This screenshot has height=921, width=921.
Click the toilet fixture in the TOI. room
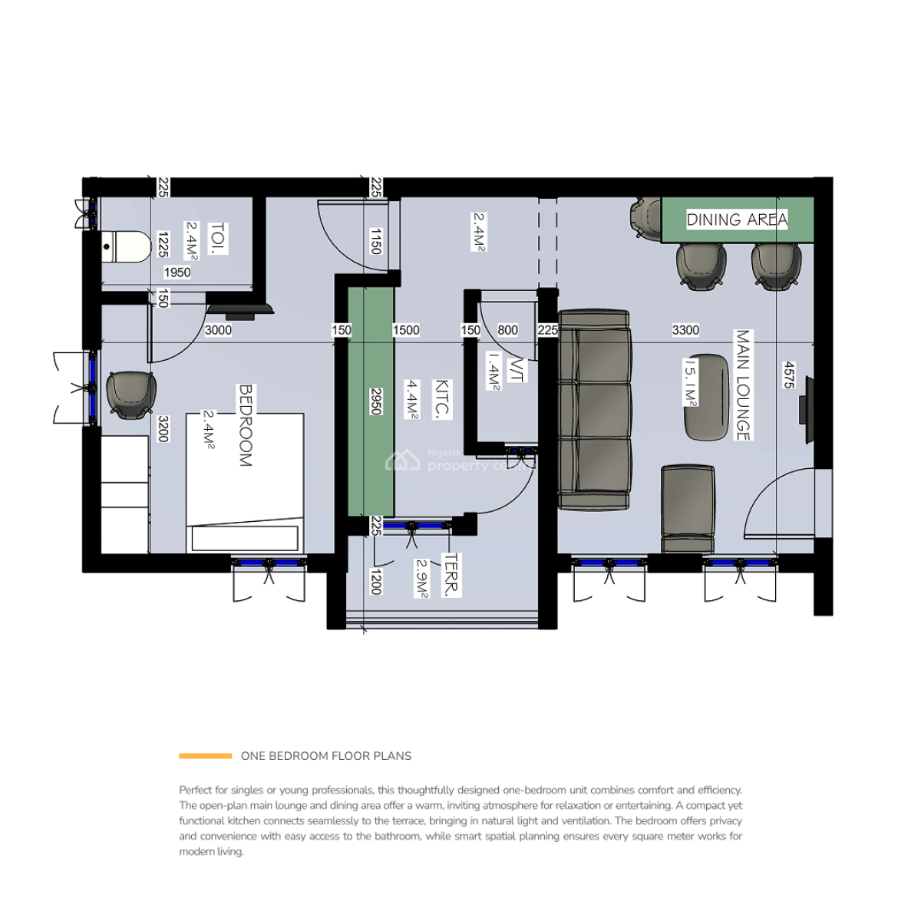point(126,246)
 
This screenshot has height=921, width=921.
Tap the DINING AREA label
point(736,220)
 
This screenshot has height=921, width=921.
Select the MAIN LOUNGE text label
point(743,385)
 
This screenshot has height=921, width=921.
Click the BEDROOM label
point(246,425)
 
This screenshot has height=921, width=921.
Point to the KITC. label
point(442,399)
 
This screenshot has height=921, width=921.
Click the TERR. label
point(451,575)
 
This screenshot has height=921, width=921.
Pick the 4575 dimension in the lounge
point(788,375)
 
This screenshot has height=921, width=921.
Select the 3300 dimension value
point(685,330)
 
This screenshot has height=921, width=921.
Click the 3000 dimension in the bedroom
point(218,330)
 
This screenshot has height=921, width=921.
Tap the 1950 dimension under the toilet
point(177,272)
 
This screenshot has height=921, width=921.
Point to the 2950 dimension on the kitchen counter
point(376,401)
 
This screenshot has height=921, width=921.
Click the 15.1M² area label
point(691,381)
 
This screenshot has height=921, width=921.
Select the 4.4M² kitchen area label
point(413,399)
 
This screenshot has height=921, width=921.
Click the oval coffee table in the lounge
point(706,397)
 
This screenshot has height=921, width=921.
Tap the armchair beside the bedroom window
point(130,395)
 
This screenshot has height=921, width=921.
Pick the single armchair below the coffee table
point(688,508)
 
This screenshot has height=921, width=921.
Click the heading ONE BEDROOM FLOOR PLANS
point(326,756)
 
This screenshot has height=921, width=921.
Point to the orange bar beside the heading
point(205,756)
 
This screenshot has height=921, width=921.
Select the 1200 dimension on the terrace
point(376,581)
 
